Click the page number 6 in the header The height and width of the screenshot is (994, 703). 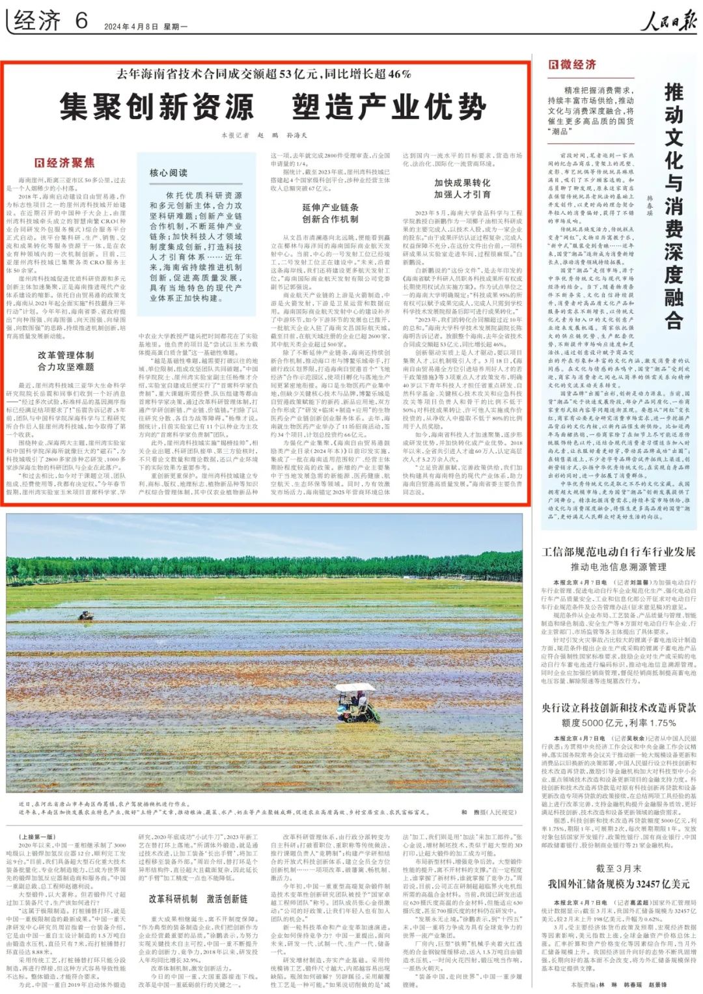tap(81, 21)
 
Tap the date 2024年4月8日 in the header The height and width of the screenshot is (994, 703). tap(131, 27)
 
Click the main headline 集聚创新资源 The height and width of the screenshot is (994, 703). tap(156, 107)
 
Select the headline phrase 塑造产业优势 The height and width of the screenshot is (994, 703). tap(389, 107)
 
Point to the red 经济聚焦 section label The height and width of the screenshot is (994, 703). tap(64, 163)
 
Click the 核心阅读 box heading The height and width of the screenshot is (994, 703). tap(168, 173)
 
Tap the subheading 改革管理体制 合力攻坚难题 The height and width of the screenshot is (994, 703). tap(66, 361)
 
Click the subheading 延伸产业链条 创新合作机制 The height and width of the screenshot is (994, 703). tap(330, 213)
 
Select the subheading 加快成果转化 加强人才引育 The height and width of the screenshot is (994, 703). tap(462, 188)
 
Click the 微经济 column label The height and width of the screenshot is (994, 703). tap(573, 64)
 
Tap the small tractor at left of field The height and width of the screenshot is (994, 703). tap(85, 614)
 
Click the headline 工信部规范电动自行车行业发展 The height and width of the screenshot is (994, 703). tap(618, 552)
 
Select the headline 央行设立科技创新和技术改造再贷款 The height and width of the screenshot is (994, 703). tap(618, 708)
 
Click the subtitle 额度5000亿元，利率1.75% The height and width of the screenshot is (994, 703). tap(618, 723)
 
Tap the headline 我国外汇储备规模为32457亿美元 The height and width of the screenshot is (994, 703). tap(618, 884)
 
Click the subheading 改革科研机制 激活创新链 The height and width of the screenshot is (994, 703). tap(198, 899)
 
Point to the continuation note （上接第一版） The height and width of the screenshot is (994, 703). tap(38, 837)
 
